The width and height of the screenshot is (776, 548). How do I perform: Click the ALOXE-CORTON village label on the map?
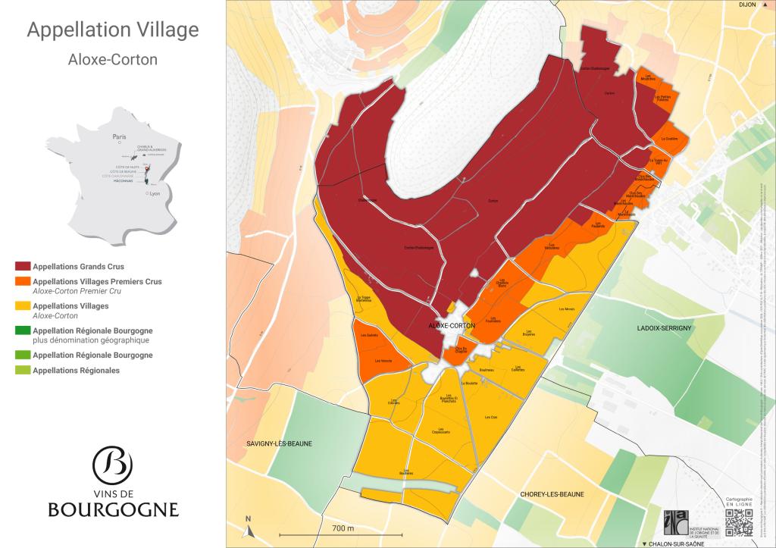click(x=452, y=325)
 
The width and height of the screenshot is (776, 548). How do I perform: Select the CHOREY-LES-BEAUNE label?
click(x=552, y=494)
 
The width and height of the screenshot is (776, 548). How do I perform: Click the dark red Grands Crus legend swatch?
click(x=23, y=267)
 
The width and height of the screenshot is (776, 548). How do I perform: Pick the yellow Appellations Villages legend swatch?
click(x=23, y=306)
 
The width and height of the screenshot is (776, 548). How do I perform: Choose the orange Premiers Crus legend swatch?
click(x=23, y=282)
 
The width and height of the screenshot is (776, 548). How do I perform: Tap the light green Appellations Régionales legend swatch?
click(x=23, y=371)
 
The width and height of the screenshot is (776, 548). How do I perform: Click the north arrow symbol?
click(x=248, y=524)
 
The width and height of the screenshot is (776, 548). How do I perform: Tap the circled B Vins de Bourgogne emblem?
click(x=112, y=464)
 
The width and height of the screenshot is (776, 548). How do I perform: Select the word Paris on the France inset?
click(x=118, y=137)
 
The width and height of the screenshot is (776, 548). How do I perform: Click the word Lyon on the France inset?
click(x=155, y=194)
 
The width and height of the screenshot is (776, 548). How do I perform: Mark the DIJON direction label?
click(x=748, y=5)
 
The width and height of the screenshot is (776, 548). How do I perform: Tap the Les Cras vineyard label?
click(x=490, y=418)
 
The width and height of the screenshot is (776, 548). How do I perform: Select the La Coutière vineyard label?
click(x=669, y=139)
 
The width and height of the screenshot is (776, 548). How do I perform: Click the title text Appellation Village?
click(x=113, y=30)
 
